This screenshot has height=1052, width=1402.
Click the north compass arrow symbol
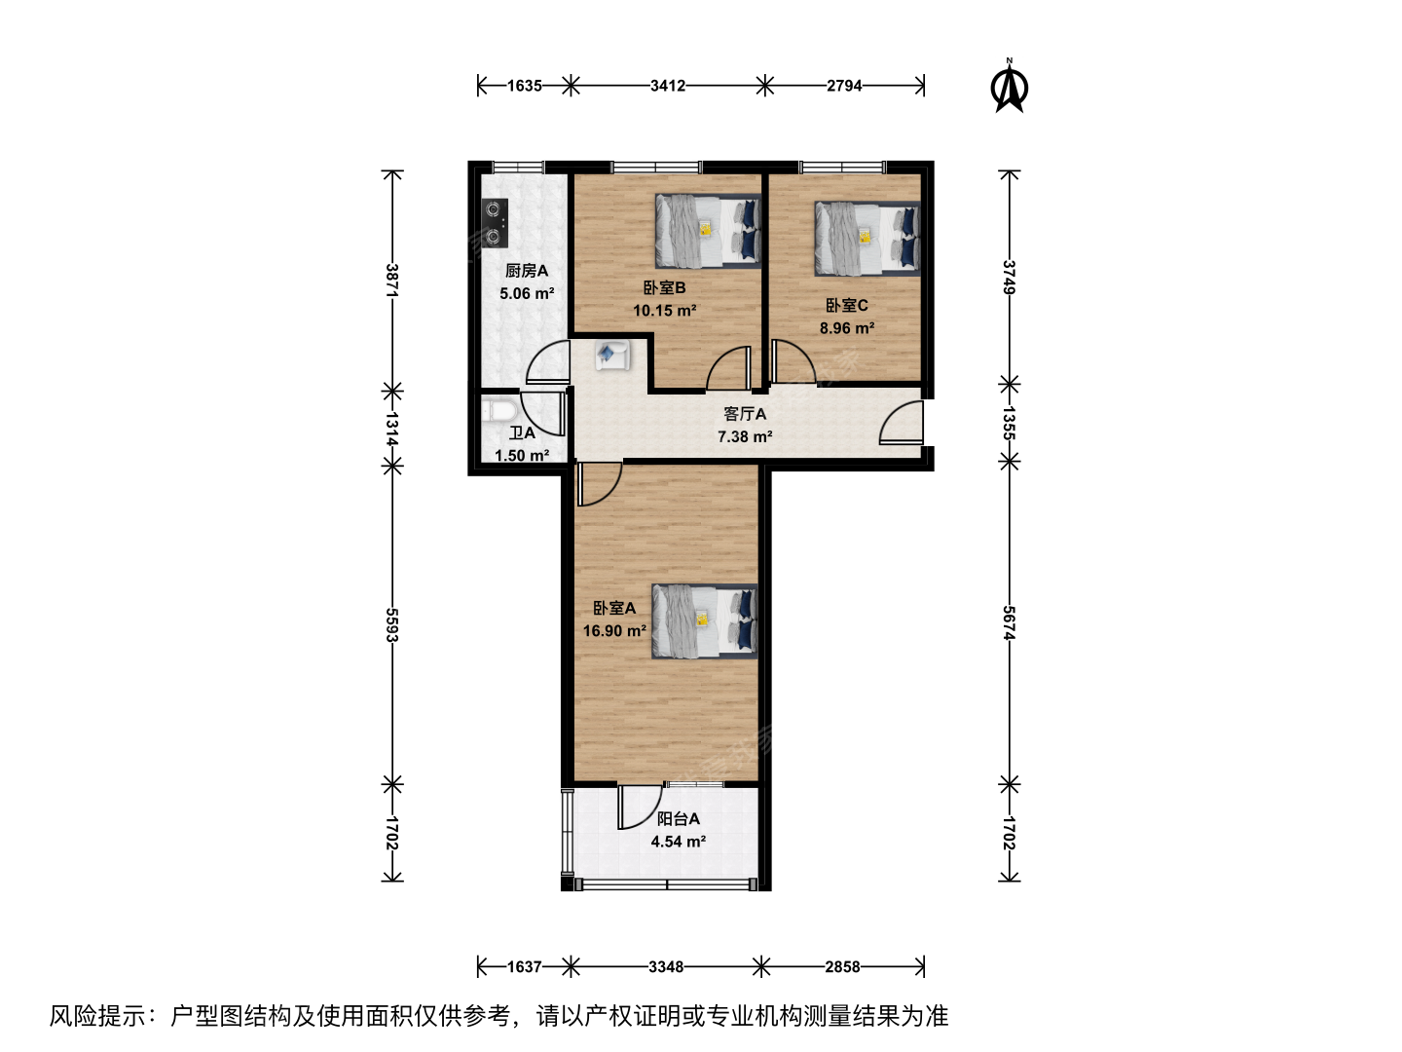(1009, 87)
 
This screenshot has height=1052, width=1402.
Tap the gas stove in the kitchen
(495, 223)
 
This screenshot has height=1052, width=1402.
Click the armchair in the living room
(612, 355)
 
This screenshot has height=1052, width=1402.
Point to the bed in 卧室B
(709, 231)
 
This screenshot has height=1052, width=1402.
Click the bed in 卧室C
(867, 239)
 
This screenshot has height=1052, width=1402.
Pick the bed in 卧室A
(705, 620)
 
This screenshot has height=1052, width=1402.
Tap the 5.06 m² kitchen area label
(527, 294)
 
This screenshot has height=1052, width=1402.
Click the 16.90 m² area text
(613, 631)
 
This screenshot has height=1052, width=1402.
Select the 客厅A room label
(745, 414)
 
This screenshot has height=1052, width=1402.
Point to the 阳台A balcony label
(679, 819)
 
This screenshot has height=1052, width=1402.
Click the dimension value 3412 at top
(668, 86)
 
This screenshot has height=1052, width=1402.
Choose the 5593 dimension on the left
(392, 624)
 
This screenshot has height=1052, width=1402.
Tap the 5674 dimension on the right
(1010, 622)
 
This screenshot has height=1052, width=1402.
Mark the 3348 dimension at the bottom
(666, 967)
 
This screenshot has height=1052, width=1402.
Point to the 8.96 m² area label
(847, 328)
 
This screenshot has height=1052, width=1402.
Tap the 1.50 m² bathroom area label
(522, 456)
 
